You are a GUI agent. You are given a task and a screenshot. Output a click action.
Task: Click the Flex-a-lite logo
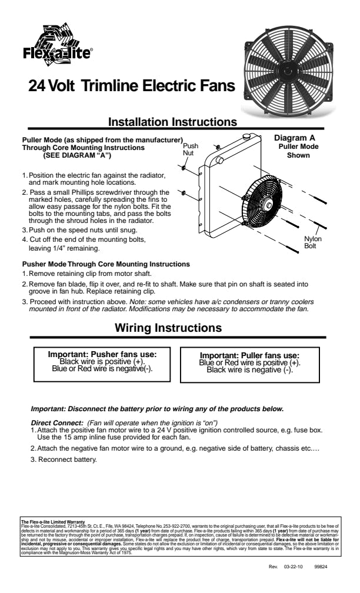tap(56, 46)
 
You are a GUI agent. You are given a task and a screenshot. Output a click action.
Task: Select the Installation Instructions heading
tap(173, 122)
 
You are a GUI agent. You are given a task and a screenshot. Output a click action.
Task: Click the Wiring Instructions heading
tap(168, 328)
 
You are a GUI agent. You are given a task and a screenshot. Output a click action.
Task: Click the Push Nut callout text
tap(190, 149)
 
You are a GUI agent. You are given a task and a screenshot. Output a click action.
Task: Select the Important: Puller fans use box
tap(249, 362)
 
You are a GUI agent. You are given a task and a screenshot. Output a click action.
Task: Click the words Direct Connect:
tap(56, 423)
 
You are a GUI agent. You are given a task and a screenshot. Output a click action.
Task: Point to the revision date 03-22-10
tap(293, 568)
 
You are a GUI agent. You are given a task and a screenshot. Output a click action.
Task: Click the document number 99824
tap(321, 568)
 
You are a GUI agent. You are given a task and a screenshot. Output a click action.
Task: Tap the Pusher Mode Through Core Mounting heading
tap(105, 264)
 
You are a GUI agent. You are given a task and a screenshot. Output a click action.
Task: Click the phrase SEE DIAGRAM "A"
tap(76, 156)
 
